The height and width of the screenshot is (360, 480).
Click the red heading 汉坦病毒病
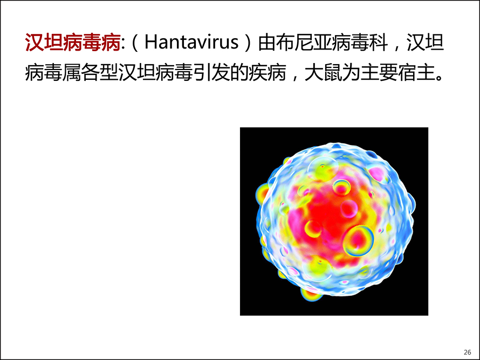click(73, 42)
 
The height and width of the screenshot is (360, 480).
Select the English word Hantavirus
click(191, 42)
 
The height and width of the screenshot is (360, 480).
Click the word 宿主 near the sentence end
click(416, 73)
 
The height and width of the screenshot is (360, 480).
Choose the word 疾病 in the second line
click(268, 73)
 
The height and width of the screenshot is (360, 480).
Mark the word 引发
click(211, 73)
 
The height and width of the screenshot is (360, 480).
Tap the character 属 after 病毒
click(72, 73)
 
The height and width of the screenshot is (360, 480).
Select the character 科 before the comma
click(379, 42)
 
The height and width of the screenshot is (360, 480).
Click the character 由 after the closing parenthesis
click(266, 42)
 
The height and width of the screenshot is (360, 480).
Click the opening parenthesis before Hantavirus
click(135, 42)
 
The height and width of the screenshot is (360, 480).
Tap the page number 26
click(467, 352)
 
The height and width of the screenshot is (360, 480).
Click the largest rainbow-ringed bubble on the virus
click(358, 241)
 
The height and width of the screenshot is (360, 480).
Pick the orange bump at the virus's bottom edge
click(310, 294)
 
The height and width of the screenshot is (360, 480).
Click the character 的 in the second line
click(239, 73)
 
